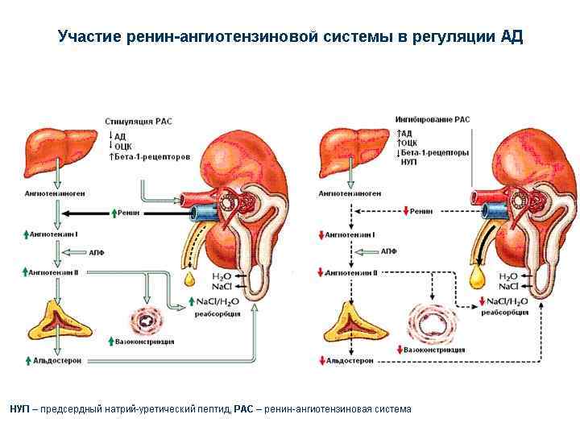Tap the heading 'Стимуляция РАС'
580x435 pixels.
pos(134,121)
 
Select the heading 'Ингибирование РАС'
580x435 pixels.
pos(433,119)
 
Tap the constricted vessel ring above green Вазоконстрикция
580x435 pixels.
pos(147,320)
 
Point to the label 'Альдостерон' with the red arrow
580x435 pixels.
pos(351,361)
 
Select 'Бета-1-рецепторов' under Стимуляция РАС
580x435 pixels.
pos(153,157)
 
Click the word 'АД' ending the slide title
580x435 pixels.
pos(512,37)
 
